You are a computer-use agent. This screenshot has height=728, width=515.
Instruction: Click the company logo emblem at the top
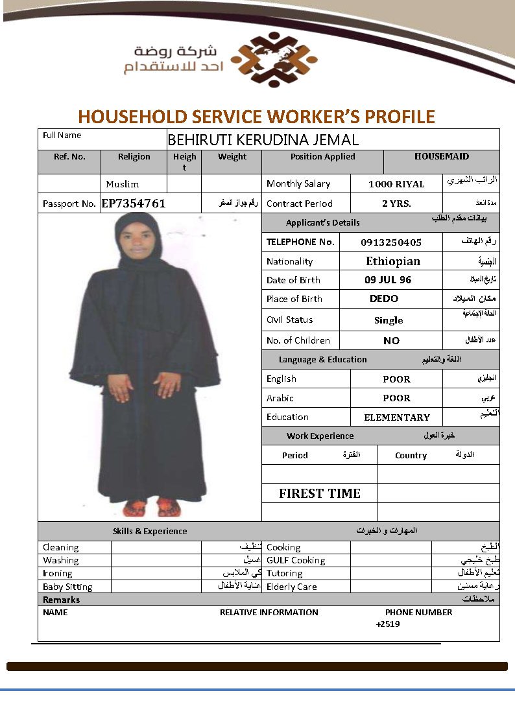click(x=274, y=60)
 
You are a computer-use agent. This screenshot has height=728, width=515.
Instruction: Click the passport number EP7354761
click(x=134, y=203)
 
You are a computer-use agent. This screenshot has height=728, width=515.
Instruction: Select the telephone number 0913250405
click(x=391, y=242)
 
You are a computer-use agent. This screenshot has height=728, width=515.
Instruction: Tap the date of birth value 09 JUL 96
click(x=388, y=280)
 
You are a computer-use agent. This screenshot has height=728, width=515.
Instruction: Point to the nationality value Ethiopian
click(x=393, y=261)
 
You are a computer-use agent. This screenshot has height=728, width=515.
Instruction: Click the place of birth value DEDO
click(x=384, y=299)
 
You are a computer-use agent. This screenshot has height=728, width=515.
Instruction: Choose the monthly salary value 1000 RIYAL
click(x=396, y=184)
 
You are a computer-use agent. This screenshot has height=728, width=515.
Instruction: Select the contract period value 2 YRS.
click(x=396, y=204)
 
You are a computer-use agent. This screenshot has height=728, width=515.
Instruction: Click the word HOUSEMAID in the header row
click(x=442, y=156)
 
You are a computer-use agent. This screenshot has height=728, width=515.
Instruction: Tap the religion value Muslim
click(x=123, y=184)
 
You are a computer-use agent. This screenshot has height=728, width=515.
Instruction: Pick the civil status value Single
click(x=389, y=320)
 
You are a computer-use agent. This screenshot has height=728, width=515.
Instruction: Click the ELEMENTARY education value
click(x=397, y=417)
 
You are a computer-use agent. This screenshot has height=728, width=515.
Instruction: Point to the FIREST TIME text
click(x=320, y=493)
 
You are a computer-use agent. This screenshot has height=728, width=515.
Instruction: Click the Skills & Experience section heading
click(x=150, y=531)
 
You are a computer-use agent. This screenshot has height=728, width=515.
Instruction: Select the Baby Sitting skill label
click(x=67, y=587)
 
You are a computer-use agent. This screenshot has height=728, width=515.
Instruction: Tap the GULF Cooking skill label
click(x=296, y=560)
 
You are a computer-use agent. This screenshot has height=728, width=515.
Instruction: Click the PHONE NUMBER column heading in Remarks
click(x=419, y=612)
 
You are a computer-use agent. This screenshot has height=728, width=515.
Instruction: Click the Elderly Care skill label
click(x=292, y=587)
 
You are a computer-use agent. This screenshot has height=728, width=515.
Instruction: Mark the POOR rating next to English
click(x=396, y=379)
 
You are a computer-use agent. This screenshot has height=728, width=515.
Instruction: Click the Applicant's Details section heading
click(x=323, y=222)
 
